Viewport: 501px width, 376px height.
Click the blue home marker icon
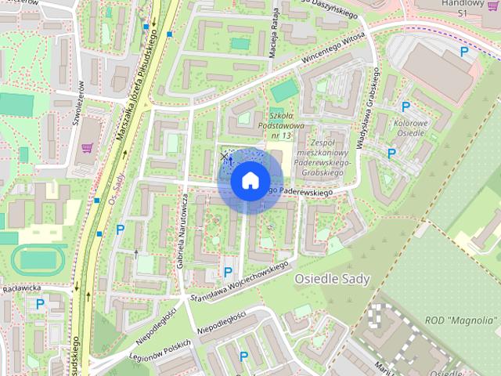250,180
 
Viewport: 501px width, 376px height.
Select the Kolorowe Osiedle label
410,128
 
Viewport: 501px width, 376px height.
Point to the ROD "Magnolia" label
463,320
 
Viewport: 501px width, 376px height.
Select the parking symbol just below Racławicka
40,304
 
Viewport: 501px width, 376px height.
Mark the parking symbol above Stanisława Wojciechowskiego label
228,272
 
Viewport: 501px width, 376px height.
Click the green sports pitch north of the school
283,89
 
